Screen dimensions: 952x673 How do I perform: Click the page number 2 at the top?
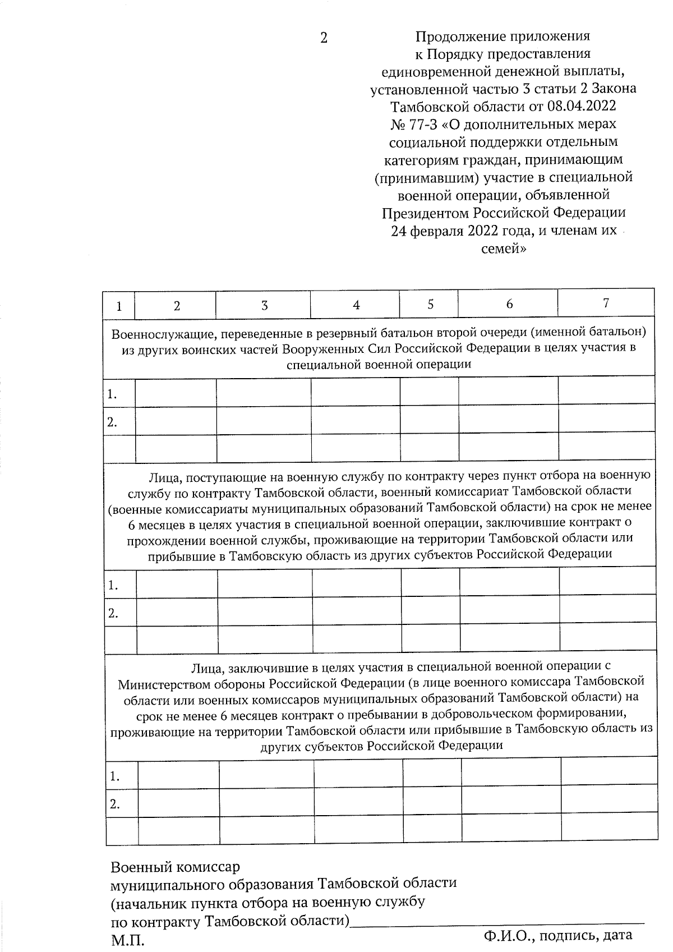click(x=324, y=38)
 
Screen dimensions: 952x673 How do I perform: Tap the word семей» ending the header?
click(x=503, y=248)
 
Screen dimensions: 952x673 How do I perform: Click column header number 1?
click(x=119, y=306)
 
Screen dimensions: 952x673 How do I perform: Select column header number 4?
click(x=356, y=305)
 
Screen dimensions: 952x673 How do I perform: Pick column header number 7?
click(x=606, y=303)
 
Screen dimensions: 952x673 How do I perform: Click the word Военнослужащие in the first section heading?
click(x=155, y=334)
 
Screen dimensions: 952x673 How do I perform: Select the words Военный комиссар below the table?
click(x=175, y=867)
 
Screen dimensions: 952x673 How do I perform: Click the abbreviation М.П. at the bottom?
click(x=127, y=940)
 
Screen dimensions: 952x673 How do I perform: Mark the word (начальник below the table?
click(x=146, y=903)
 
